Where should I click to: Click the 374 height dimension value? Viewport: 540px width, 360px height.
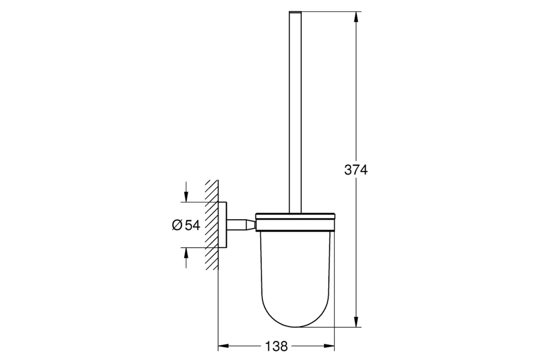pos(356,170)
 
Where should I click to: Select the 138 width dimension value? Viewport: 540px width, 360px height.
pos(276,345)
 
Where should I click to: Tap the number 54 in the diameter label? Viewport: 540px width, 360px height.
pos(192,226)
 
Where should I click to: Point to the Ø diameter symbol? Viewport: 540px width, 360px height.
pos(177,226)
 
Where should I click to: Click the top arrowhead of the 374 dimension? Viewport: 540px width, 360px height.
pos(356,16)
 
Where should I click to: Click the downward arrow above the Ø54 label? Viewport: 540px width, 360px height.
pos(186,195)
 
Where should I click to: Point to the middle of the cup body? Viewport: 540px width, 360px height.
pos(296,270)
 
